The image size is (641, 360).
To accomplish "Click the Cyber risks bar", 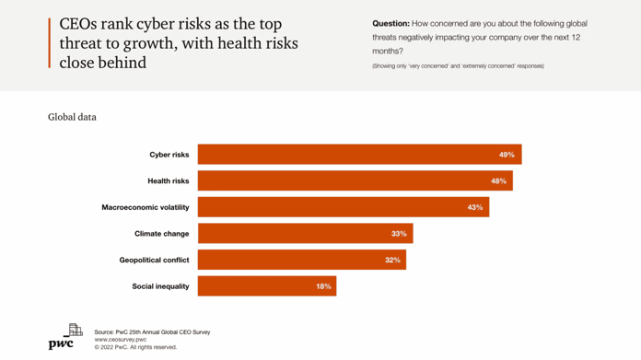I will (359, 155).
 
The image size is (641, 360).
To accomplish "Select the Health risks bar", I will (355, 181).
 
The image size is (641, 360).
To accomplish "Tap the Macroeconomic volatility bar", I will (343, 207).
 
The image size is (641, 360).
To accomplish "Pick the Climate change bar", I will (305, 234).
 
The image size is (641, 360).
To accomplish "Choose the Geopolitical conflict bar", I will (301, 261).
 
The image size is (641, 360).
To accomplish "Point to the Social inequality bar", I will (266, 286).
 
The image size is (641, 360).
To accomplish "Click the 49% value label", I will (507, 155).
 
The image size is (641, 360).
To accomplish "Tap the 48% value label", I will (498, 181).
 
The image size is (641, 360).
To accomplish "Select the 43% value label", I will (474, 207).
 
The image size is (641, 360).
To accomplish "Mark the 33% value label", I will (398, 234).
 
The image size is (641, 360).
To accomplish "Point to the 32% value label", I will (392, 261).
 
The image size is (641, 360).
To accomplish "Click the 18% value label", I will (323, 286).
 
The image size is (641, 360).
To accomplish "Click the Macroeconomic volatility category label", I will (145, 207).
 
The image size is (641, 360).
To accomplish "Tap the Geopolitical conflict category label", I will (154, 261).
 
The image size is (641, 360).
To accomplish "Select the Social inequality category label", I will (160, 286).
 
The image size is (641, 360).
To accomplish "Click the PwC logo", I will (64, 337).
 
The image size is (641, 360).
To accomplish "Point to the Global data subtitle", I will (72, 117).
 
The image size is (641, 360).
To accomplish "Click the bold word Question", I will (390, 24).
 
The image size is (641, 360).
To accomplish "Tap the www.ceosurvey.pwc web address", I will (120, 340).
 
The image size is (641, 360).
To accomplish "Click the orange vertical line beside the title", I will (50, 42).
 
